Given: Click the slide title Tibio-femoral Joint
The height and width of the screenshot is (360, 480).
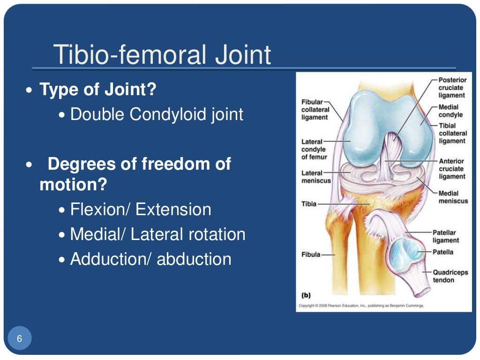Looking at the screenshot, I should [162, 55].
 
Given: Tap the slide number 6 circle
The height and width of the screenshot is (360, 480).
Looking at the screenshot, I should [19, 338].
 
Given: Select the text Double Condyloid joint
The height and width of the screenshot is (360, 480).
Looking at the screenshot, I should [157, 114].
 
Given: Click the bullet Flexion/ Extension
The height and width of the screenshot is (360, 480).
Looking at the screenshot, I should [141, 210].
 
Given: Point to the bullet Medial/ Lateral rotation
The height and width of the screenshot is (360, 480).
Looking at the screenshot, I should [157, 234].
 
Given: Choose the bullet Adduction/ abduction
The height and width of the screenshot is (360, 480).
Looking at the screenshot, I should [150, 259].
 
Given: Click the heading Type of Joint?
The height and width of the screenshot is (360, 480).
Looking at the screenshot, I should [97, 89].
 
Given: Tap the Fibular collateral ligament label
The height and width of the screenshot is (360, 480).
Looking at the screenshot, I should [315, 110].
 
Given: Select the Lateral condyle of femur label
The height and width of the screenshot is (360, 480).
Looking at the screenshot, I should [314, 149].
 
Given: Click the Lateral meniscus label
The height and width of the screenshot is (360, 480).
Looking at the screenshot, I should [315, 177].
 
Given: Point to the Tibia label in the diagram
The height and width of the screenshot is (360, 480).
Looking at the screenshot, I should [309, 204].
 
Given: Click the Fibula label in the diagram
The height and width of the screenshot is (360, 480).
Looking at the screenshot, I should [311, 255].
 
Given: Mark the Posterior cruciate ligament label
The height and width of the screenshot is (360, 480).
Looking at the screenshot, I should [452, 88].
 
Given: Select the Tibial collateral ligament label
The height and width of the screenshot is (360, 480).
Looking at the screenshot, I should [452, 133].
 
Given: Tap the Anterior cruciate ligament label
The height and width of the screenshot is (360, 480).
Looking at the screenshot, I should [452, 169].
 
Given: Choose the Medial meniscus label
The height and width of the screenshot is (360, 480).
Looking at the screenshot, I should [453, 197].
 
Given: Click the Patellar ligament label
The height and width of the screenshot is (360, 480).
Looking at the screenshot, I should [446, 236].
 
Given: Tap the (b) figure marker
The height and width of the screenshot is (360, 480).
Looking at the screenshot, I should [306, 295].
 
